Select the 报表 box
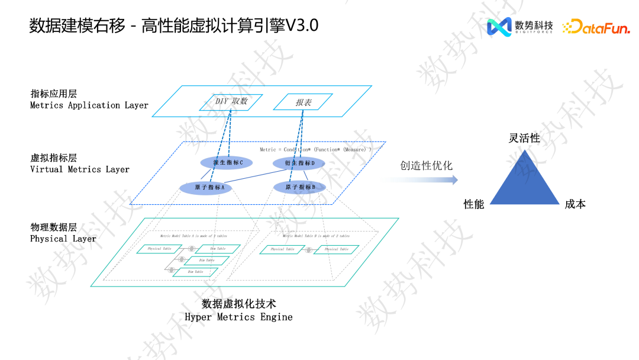tap(303, 102)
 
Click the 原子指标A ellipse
tap(205, 188)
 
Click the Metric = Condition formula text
tap(315, 150)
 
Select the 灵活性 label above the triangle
tap(524, 138)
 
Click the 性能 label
tap(474, 204)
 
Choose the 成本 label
tap(575, 204)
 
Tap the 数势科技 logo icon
tap(499, 27)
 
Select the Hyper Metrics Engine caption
tap(238, 317)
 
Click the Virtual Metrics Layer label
tap(80, 169)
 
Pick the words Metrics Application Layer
tap(89, 105)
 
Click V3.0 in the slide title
tap(302, 26)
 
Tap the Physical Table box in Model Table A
tap(159, 249)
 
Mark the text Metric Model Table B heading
tap(316, 236)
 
